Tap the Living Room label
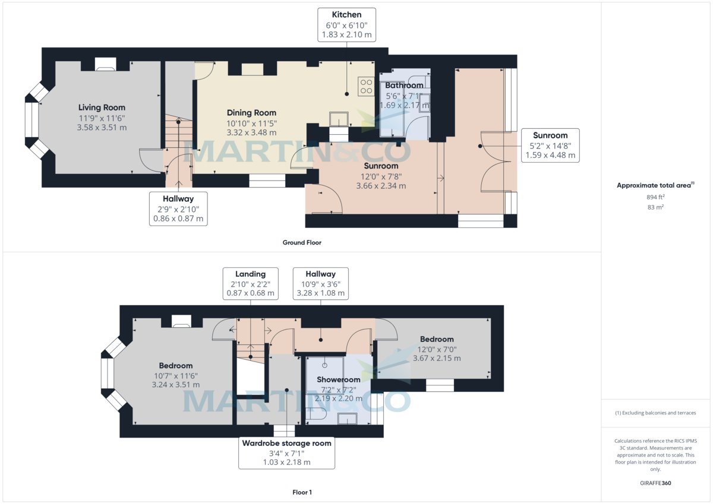102,117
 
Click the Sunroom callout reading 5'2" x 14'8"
550,145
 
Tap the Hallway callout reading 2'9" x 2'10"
178,208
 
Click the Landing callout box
250,283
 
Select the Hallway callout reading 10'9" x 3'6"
320,283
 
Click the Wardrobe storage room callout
286,452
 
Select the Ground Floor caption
302,242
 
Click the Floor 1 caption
302,492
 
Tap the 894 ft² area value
655,196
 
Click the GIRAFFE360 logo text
655,483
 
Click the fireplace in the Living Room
106,64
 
